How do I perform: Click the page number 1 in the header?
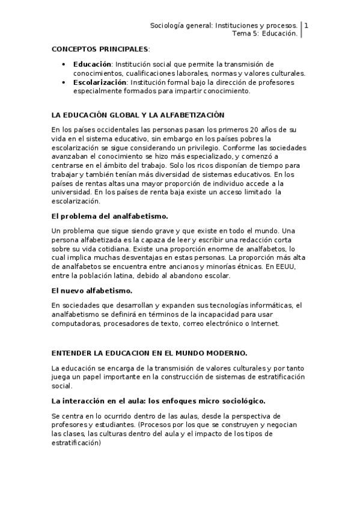[x=307, y=26]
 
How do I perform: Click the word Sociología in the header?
[x=168, y=26]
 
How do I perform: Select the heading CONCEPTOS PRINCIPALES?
[x=100, y=48]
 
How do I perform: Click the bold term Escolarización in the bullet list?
[x=100, y=82]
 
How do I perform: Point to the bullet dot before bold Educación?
[x=65, y=64]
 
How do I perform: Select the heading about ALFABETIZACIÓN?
[x=138, y=114]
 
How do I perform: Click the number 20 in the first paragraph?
[x=255, y=130]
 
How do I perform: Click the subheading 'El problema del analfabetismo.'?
[x=110, y=215]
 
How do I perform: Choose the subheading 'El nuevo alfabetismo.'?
[x=88, y=290]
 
